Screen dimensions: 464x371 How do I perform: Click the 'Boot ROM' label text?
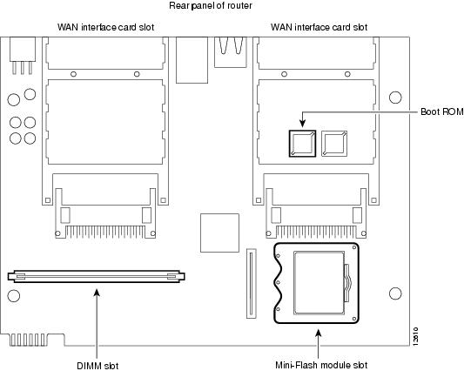442,112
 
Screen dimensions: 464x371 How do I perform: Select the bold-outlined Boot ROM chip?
302,144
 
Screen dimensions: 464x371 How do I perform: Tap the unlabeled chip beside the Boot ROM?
334,144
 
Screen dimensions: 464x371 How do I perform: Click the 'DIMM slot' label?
98,366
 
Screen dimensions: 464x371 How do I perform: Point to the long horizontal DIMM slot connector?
96,277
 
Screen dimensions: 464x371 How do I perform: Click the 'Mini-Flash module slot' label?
321,365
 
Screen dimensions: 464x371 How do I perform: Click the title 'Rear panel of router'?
211,5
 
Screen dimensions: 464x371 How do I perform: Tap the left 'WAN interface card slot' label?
106,27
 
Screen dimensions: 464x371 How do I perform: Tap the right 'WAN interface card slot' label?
319,27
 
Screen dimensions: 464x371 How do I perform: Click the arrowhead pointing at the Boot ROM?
302,124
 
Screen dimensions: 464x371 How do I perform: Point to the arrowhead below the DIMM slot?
97,293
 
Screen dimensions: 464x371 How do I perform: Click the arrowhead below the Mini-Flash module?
318,333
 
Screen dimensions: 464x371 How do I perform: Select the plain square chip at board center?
219,233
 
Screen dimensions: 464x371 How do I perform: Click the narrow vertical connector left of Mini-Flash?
252,284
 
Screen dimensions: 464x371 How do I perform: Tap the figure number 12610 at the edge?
415,337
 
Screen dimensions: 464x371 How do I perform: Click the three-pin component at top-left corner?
23,56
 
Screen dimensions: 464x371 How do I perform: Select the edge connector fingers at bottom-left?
28,340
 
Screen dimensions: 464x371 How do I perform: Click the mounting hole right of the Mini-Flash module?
395,293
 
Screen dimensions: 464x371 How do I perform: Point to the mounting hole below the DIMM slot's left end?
14,296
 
